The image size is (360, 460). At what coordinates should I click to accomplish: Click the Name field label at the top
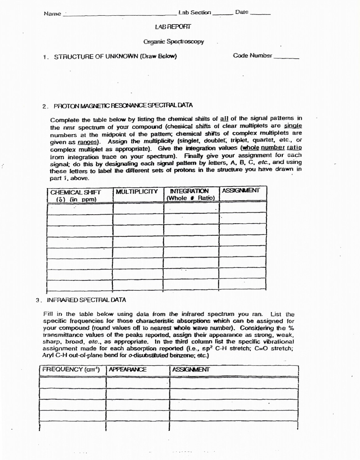tap(52, 14)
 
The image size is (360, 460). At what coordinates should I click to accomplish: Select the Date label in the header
tap(242, 12)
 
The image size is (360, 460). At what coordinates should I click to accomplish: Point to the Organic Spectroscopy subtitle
tap(173, 42)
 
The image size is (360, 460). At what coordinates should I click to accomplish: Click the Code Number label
tap(252, 56)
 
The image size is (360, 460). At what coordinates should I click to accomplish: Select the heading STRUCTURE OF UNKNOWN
tap(116, 57)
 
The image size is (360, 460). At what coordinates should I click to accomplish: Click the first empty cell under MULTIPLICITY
tap(138, 208)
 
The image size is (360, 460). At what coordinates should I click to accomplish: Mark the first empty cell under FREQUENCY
tap(72, 382)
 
